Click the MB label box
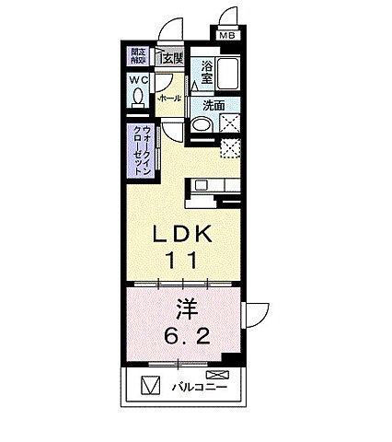coord(226,36)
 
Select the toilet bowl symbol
coord(140,95)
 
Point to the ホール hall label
coord(169,97)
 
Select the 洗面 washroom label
coord(213,104)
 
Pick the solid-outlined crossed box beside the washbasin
coord(230,125)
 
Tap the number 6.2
coord(181,336)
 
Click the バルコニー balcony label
coord(201,387)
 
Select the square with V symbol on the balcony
coord(150,386)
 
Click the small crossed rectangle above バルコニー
coord(216,374)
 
